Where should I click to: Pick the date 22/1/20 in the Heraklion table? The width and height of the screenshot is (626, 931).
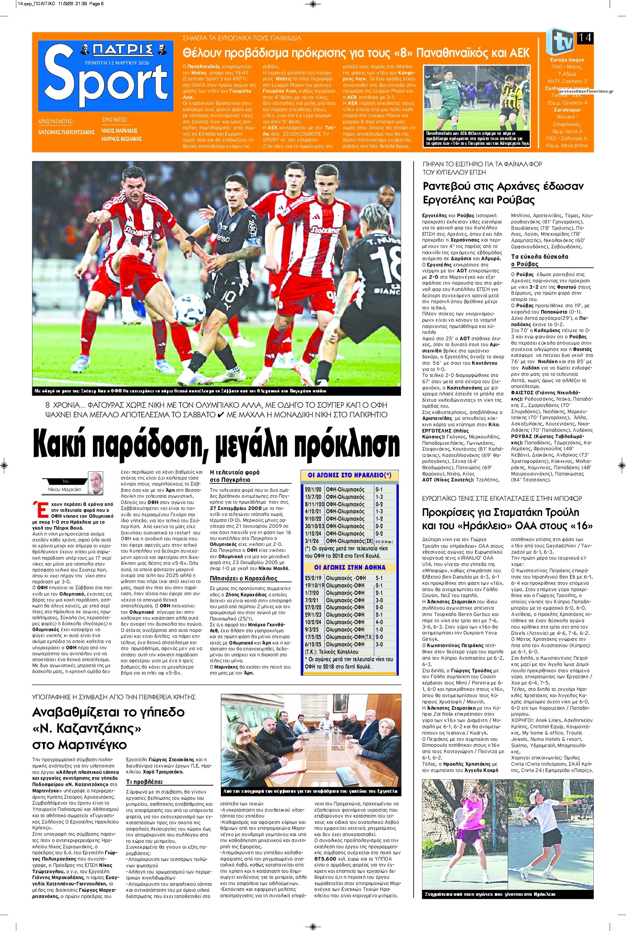pyautogui.click(x=312, y=490)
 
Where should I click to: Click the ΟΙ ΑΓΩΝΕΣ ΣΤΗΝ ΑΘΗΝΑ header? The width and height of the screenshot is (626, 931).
pyautogui.click(x=350, y=567)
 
